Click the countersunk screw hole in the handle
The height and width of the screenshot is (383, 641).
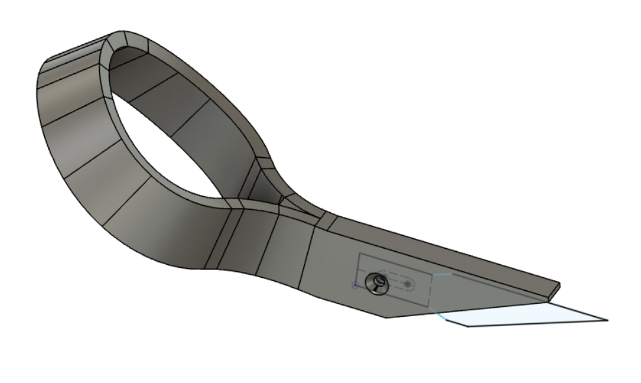pos(376,283)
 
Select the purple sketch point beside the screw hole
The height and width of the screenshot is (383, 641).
pos(355,285)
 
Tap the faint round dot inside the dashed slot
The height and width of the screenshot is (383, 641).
pos(408,284)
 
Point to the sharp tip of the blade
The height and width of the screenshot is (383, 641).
pos(607,319)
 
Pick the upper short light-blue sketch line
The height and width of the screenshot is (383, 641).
pos(442,275)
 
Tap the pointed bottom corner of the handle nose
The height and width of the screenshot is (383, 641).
pos(386,317)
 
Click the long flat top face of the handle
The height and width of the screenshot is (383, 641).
pos(442,250)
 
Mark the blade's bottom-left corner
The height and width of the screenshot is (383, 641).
pos(468,326)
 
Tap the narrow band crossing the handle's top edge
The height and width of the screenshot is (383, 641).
pos(329,222)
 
